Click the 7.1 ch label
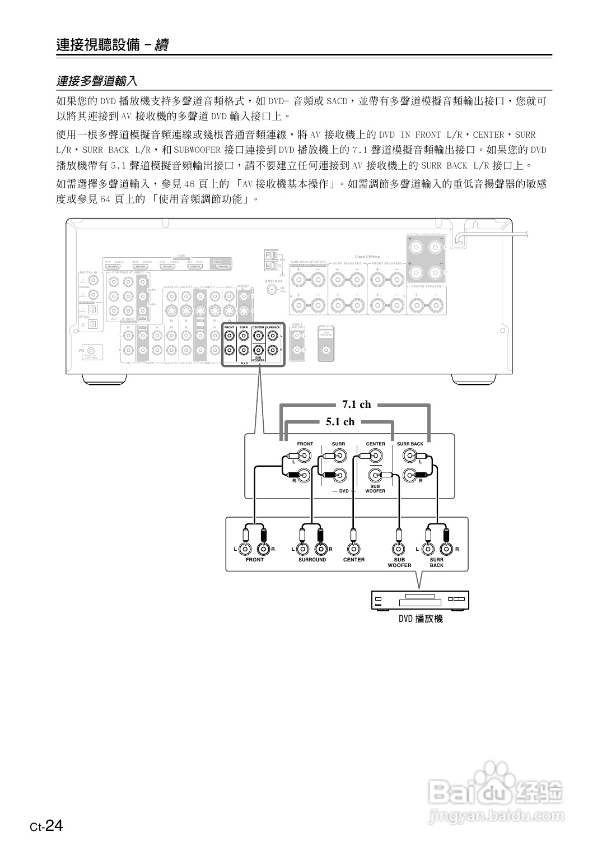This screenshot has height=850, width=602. (356, 405)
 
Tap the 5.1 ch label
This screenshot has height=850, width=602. (340, 422)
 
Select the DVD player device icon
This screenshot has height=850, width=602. (420, 600)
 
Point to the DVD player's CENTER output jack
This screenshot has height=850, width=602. (353, 549)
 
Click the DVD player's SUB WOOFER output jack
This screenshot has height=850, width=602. (398, 549)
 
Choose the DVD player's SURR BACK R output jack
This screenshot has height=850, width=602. (446, 549)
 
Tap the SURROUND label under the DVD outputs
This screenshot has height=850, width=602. (312, 560)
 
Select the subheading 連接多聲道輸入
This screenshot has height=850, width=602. (96, 81)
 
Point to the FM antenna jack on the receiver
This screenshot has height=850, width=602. (273, 290)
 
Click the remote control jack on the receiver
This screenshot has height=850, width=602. (91, 350)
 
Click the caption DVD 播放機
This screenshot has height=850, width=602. (420, 619)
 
